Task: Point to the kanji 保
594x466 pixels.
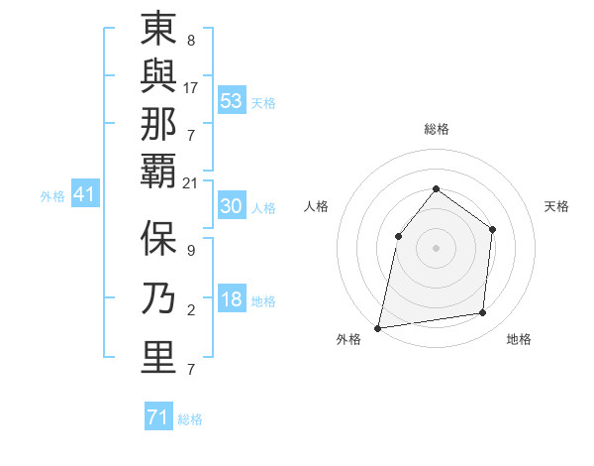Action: [158, 238]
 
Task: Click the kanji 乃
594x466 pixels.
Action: [158, 297]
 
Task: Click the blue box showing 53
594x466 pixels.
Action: [232, 100]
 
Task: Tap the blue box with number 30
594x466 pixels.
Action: [232, 206]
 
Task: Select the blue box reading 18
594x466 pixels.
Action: [232, 300]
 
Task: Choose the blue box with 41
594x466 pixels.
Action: [84, 195]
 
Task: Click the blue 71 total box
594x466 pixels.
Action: [158, 417]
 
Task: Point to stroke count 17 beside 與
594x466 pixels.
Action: [191, 88]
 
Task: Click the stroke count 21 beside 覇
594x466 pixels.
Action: [191, 183]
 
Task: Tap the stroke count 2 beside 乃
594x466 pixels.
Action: [191, 310]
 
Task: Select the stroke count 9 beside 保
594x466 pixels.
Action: [191, 251]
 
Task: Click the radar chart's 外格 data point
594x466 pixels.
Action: [377, 327]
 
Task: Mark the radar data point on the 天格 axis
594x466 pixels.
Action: [492, 229]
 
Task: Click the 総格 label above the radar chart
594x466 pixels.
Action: [436, 129]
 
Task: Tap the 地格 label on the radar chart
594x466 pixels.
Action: [519, 339]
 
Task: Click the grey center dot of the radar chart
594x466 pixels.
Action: [436, 247]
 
